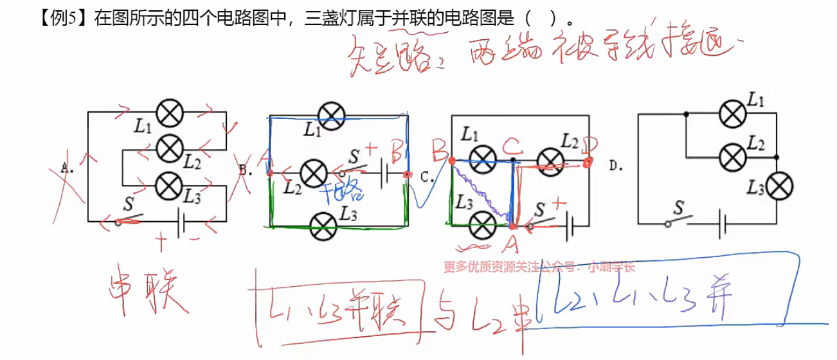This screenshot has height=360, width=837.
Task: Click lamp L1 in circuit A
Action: (170, 114)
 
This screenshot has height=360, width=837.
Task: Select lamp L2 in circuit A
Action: (170, 149)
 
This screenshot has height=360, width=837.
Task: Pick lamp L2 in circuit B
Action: (314, 173)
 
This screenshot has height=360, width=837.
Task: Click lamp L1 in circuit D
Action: (732, 114)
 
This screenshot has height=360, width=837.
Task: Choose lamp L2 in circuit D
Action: (732, 155)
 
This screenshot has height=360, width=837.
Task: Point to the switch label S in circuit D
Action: (678, 208)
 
